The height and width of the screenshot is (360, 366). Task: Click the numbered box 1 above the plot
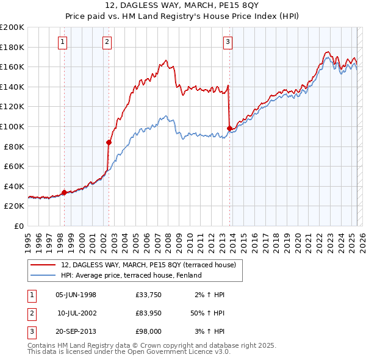pyautogui.click(x=63, y=42)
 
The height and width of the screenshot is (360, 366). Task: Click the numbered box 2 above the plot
pyautogui.click(x=107, y=42)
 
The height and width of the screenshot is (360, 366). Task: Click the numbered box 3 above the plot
pyautogui.click(x=228, y=42)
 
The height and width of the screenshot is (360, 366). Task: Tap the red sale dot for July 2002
pyautogui.click(x=109, y=142)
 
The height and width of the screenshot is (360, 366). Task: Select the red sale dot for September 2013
pyautogui.click(x=229, y=128)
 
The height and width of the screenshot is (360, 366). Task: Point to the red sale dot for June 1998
pyautogui.click(x=64, y=192)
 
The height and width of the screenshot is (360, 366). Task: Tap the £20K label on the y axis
pyautogui.click(x=14, y=206)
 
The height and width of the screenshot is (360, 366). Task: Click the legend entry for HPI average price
pyautogui.click(x=135, y=276)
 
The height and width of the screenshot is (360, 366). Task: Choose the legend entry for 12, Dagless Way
pyautogui.click(x=152, y=265)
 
